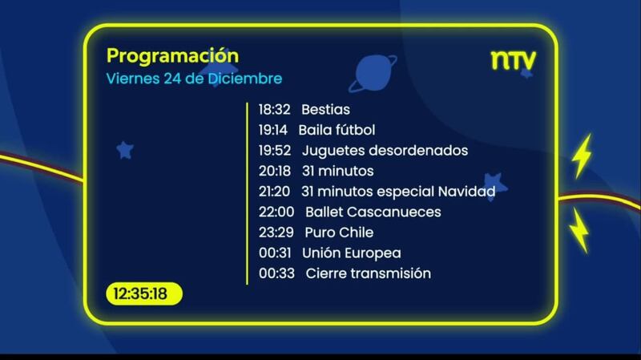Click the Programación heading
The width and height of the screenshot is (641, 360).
(x=172, y=56)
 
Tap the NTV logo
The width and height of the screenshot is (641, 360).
(x=513, y=61)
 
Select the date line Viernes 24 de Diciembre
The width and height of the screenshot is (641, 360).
(x=194, y=79)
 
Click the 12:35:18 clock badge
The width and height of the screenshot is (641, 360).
(x=144, y=293)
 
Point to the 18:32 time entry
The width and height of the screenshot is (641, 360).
(x=274, y=110)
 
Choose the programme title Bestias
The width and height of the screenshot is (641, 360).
(x=326, y=110)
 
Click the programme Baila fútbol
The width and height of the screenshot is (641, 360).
(x=337, y=130)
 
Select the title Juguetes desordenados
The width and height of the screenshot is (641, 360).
(x=385, y=151)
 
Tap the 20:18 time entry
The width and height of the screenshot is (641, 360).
(x=275, y=171)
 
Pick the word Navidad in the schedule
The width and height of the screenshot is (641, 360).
(x=466, y=192)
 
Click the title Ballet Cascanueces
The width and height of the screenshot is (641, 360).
(x=373, y=212)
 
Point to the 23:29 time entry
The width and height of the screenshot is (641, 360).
(x=276, y=233)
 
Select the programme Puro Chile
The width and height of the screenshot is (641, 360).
(x=339, y=233)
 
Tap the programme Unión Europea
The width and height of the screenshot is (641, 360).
(x=352, y=253)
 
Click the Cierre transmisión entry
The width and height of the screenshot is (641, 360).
(x=369, y=273)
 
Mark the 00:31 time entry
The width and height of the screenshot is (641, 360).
(x=275, y=253)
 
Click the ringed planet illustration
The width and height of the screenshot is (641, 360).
(x=373, y=73)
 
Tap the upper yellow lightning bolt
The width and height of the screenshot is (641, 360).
(x=583, y=156)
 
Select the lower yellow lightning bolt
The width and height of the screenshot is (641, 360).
(x=579, y=230)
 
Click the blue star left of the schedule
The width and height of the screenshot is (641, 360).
(x=125, y=150)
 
